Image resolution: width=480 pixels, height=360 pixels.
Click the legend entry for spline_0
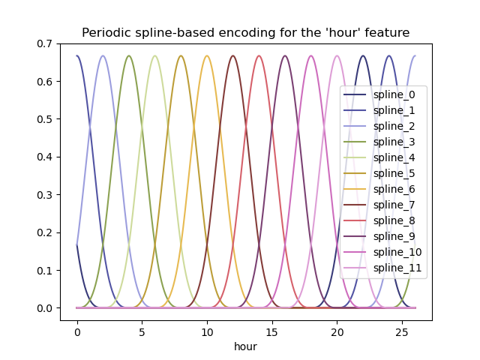(x=388, y=94)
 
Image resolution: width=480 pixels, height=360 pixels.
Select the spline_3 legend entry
(x=388, y=142)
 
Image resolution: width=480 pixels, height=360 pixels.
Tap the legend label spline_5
(x=388, y=173)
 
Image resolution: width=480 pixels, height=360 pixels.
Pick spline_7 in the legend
(x=388, y=205)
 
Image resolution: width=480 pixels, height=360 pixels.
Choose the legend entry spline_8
(x=388, y=220)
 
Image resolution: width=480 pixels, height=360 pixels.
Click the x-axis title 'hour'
(x=246, y=346)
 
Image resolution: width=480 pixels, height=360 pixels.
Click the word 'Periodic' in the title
(x=106, y=33)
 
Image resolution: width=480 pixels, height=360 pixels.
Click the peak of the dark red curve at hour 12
(x=233, y=55)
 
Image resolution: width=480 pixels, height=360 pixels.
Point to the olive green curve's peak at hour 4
(x=129, y=55)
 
